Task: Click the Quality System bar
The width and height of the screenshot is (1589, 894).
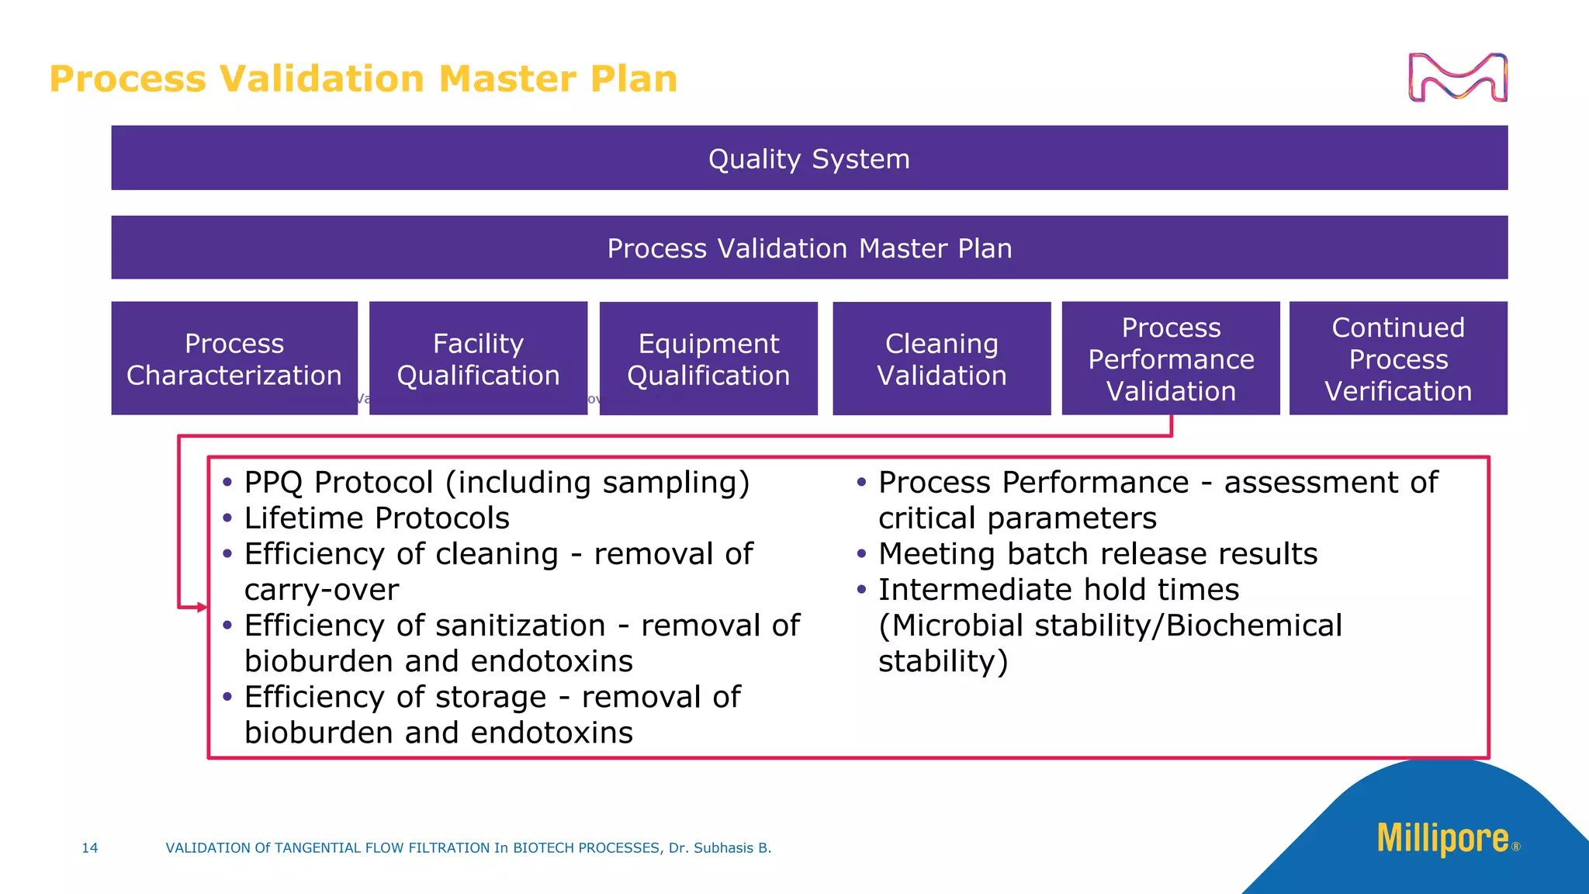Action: pos(809,158)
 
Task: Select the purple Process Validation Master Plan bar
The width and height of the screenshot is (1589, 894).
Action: pos(809,248)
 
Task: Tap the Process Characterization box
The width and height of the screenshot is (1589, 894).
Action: pos(234,359)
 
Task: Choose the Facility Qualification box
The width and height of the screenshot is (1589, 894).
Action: pos(478,359)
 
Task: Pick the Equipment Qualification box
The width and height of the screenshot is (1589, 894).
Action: pos(708,359)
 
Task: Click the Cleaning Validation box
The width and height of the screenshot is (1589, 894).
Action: pos(941,359)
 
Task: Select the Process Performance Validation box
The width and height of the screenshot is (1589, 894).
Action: pos(1171,359)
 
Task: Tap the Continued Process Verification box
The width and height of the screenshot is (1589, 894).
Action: pos(1398,359)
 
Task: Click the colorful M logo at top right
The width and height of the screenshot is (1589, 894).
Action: pos(1457,78)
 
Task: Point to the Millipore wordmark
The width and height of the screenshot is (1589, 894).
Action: pos(1442,839)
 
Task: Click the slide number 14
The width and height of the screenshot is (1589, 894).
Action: pos(90,848)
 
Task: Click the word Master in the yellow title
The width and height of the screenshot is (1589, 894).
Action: pos(507,79)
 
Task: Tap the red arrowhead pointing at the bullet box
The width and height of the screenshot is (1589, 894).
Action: pos(203,607)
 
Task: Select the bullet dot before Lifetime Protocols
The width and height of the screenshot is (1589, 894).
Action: pos(227,518)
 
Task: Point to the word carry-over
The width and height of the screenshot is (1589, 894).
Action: pos(321,590)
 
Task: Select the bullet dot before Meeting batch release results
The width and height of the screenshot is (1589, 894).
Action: pos(861,553)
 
